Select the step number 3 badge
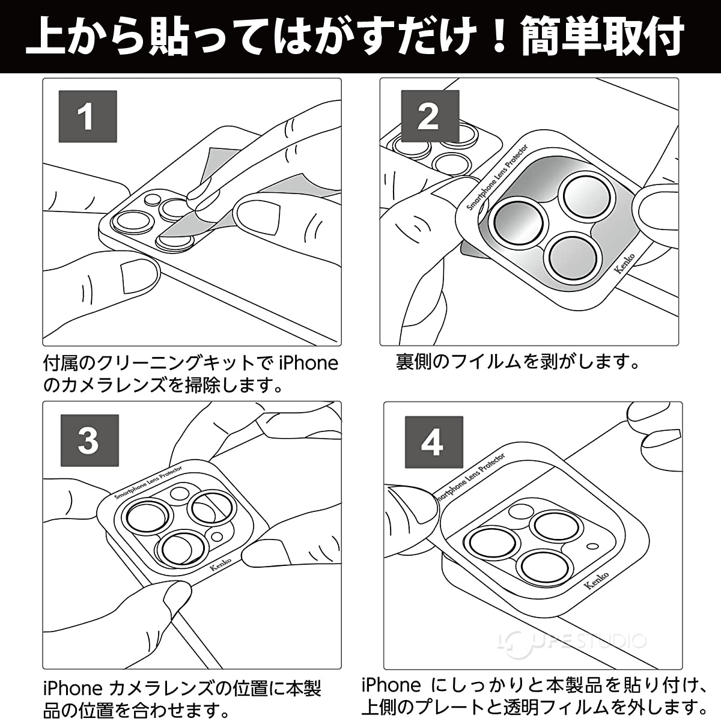tap(88, 440)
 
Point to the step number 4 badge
tap(433, 442)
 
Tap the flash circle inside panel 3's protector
tap(178, 494)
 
